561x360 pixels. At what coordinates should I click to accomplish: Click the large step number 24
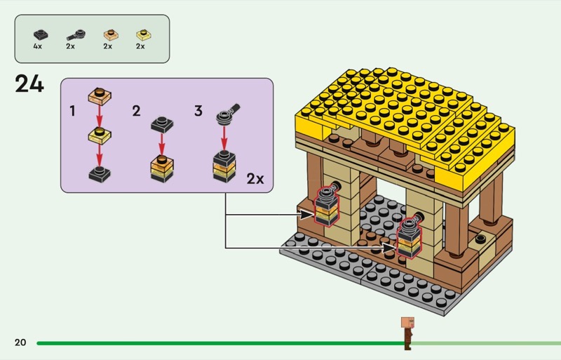29,84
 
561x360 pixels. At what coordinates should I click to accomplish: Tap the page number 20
20,342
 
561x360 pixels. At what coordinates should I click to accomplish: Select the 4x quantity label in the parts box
38,46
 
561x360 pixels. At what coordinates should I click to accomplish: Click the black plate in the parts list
41,34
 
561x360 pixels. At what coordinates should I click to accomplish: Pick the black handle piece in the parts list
76,35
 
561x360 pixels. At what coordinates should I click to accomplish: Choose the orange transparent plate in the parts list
111,34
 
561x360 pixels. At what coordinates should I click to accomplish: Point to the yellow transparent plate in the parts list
144,34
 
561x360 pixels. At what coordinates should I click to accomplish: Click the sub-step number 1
73,111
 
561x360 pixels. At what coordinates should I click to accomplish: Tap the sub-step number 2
136,111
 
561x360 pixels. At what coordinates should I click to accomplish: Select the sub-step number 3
198,111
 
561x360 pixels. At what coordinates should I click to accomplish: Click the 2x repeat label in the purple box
255,178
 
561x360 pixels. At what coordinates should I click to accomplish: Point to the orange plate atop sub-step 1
100,95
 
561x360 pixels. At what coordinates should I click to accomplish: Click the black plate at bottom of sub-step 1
100,174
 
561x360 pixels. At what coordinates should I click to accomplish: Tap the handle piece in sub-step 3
228,114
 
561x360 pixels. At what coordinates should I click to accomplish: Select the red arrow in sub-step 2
162,144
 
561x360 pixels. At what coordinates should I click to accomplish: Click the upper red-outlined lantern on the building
326,207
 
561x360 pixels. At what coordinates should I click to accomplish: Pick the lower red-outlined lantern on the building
410,237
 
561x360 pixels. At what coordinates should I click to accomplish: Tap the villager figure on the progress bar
407,333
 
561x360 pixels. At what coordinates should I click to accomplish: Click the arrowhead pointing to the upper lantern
306,215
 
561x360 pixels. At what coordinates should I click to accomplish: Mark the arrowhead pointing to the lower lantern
390,248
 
